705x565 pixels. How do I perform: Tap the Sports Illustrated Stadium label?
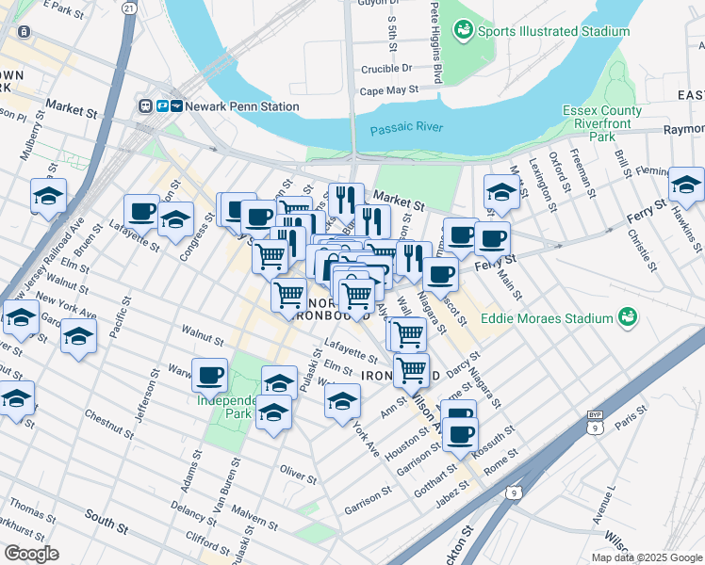553,31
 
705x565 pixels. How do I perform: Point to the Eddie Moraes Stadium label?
547,318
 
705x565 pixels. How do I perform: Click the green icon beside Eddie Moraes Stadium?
625,318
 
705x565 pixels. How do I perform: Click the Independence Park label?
224,406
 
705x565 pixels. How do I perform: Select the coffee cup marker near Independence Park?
210,375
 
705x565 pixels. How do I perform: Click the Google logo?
31,554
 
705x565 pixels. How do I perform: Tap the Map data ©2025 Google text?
646,557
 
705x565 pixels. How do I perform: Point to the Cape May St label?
388,91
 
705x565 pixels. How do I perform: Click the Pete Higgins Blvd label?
435,42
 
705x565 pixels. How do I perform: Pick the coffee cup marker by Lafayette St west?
141,211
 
